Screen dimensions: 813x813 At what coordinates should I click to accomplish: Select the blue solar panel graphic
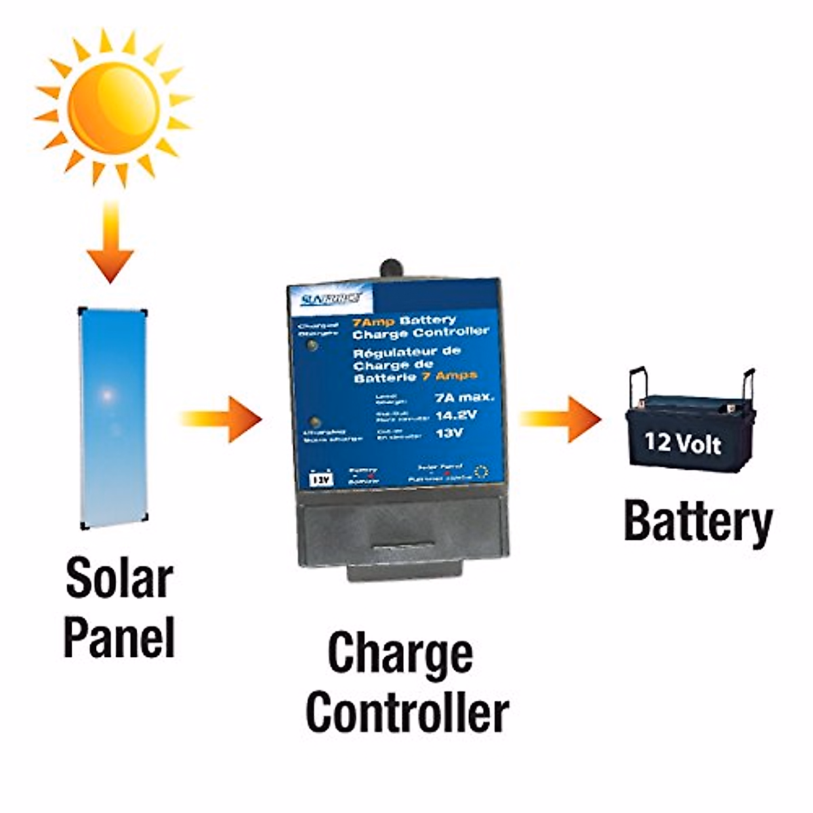[x=112, y=419]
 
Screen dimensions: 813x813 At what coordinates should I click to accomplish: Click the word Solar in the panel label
[x=119, y=577]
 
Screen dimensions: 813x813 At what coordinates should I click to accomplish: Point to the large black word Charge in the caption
[x=400, y=653]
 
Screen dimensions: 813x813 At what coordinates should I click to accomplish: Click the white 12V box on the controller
[x=321, y=479]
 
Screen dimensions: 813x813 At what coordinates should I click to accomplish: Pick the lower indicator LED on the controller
[x=313, y=421]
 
